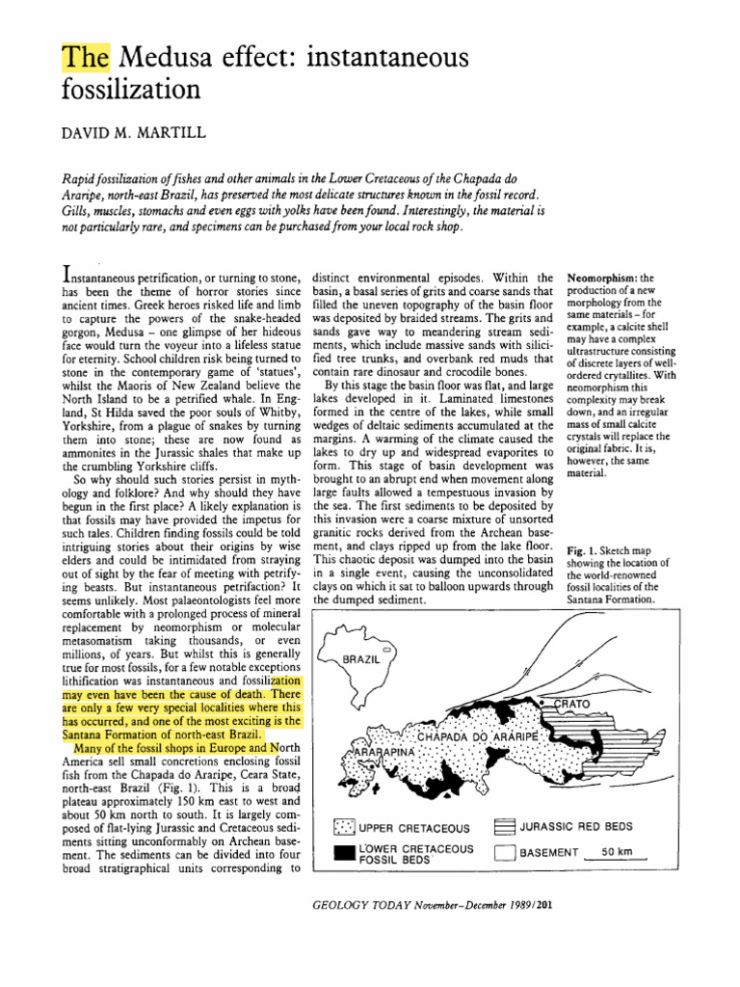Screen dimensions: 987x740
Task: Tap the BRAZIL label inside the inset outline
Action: point(361,658)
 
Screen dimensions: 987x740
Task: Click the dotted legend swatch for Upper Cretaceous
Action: point(343,828)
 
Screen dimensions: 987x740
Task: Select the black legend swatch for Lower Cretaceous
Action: point(343,852)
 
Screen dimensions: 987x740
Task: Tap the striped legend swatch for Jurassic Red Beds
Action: point(504,827)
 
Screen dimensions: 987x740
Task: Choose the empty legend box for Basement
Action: point(504,852)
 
